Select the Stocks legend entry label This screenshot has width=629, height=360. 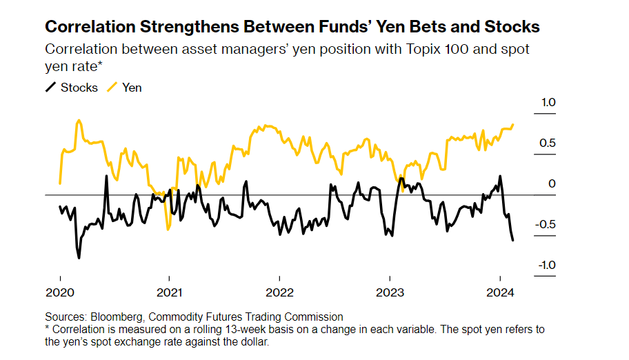click(x=79, y=88)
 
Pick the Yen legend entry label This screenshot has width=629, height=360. click(x=132, y=88)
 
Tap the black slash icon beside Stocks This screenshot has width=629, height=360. click(x=50, y=88)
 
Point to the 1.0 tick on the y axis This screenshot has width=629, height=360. click(x=548, y=103)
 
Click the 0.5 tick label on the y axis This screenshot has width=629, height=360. click(x=548, y=143)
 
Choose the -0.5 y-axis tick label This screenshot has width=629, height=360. click(x=546, y=225)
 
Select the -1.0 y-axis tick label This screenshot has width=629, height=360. click(x=546, y=266)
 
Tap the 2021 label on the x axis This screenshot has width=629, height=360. click(x=169, y=292)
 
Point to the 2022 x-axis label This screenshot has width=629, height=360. click(x=279, y=292)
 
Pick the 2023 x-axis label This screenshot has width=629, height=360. click(x=389, y=292)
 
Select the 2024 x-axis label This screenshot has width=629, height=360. click(x=499, y=292)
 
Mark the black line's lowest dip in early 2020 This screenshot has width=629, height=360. click(x=79, y=258)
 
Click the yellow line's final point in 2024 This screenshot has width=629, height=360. click(x=513, y=125)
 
